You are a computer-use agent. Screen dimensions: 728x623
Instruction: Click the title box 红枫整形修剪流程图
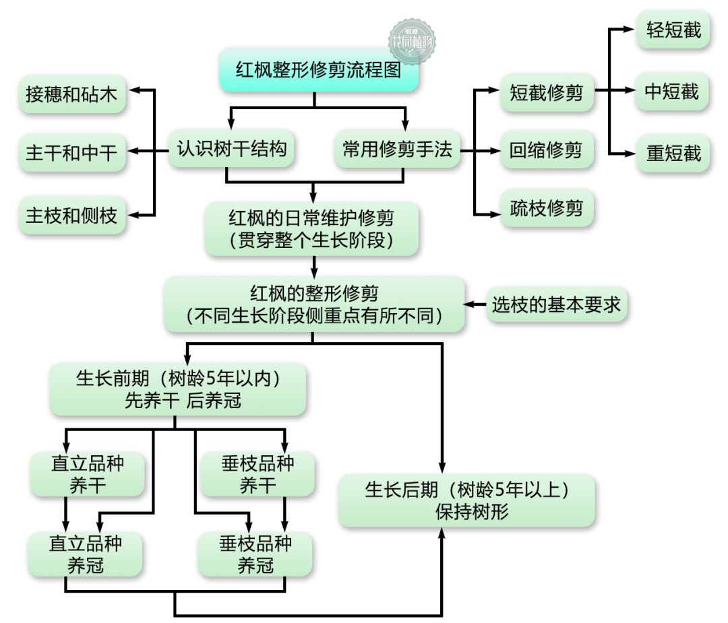coord(319,69)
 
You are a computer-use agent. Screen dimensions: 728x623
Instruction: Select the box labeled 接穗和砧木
coord(72,94)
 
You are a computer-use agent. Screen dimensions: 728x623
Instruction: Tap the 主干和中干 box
coord(72,153)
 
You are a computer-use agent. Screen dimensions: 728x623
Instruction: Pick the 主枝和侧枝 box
coord(72,216)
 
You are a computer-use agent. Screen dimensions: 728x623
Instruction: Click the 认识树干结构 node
coord(231,149)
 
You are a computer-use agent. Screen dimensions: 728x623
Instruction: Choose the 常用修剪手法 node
coord(398,149)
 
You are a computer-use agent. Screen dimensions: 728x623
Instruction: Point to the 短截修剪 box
coord(547,92)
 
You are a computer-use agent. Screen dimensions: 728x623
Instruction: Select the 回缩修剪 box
coord(547,150)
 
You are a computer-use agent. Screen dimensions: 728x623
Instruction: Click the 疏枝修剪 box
coord(547,208)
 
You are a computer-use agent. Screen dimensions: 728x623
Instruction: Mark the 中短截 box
coord(672,92)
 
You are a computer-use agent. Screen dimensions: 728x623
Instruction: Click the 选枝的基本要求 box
coord(557,305)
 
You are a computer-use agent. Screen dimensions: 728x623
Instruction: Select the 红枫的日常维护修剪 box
coord(312,229)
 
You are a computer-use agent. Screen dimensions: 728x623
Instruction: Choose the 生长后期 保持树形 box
coord(466,500)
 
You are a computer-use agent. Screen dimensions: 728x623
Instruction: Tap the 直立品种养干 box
coord(87,474)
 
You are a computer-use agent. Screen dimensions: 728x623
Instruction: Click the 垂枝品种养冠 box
coord(255,554)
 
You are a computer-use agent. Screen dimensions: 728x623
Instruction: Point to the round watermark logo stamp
coord(412,42)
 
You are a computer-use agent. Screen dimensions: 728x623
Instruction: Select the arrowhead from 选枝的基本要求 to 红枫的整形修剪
coord(469,305)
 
